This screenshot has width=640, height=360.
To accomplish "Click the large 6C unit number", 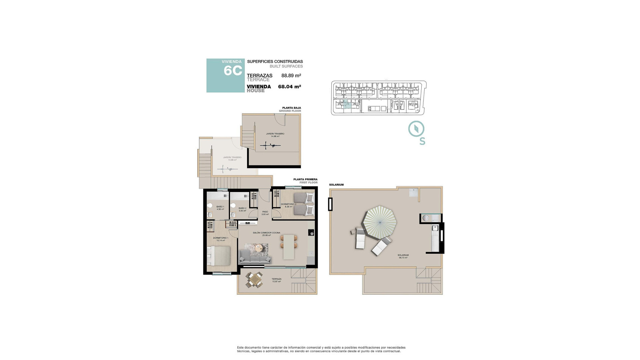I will [x=233, y=71].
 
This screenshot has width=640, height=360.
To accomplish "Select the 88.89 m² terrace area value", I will [x=291, y=75].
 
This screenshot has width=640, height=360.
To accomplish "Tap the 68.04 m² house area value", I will [x=289, y=87].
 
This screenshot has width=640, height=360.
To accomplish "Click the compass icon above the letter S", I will [x=416, y=129].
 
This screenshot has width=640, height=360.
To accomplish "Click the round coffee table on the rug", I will [x=259, y=248].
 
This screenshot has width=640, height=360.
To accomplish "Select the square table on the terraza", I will [x=254, y=279].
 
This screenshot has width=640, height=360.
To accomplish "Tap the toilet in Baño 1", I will [x=210, y=206].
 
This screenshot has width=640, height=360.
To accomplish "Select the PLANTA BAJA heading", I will [x=291, y=108].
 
